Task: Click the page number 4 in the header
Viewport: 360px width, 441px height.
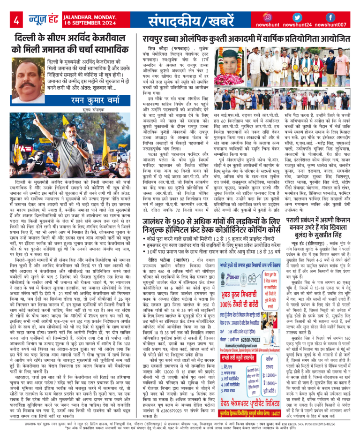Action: tap(16, 20)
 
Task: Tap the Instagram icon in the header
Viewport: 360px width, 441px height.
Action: tap(268, 17)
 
